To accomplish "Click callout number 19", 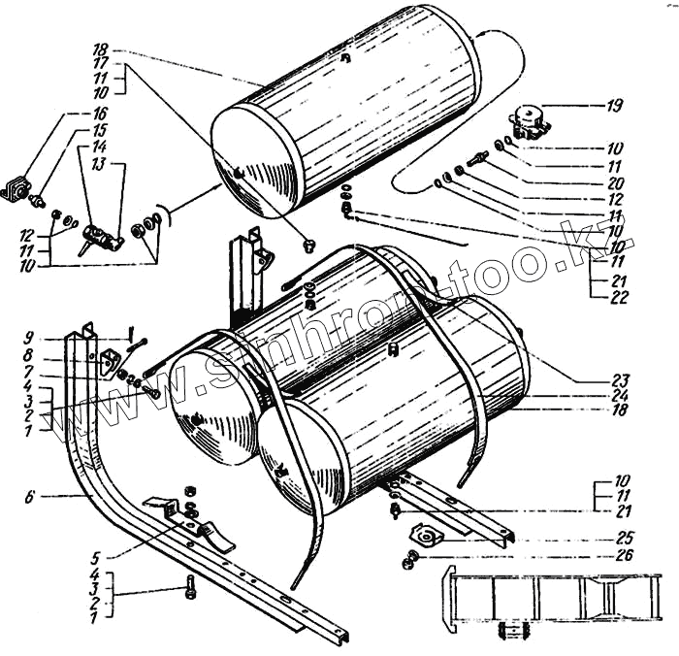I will (616, 104).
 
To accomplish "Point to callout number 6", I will (32, 496).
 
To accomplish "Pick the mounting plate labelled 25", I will (428, 536).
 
